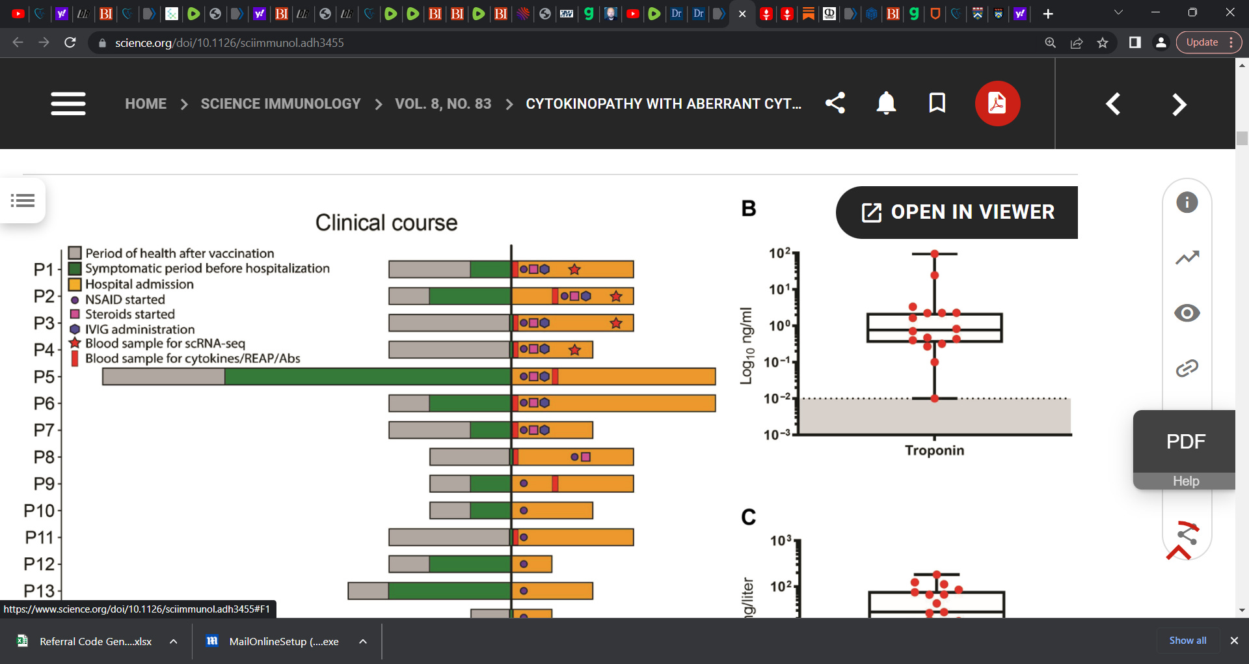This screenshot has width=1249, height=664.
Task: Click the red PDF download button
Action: pyautogui.click(x=997, y=104)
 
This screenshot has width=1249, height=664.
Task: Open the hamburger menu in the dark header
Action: pyautogui.click(x=68, y=104)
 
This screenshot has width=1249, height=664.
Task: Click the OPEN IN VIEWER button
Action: pyautogui.click(x=957, y=212)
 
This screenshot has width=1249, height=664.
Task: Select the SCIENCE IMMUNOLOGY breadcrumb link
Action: pyautogui.click(x=280, y=104)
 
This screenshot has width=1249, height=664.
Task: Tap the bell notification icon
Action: pyautogui.click(x=886, y=104)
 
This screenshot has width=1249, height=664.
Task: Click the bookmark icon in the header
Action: pyautogui.click(x=937, y=103)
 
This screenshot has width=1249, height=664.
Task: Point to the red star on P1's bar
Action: pyautogui.click(x=574, y=270)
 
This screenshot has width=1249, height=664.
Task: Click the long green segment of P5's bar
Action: pyautogui.click(x=368, y=377)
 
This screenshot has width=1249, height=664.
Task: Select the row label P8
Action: pyautogui.click(x=44, y=457)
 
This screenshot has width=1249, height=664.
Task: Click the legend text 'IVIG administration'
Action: pyautogui.click(x=140, y=329)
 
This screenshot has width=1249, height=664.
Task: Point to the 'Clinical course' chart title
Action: pyautogui.click(x=386, y=223)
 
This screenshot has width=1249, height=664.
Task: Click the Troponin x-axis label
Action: pyautogui.click(x=934, y=450)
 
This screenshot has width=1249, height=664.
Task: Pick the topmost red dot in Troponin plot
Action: pyautogui.click(x=934, y=254)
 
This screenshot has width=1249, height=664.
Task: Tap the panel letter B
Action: pyautogui.click(x=749, y=208)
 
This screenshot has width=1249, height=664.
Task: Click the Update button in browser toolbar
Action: pyautogui.click(x=1202, y=42)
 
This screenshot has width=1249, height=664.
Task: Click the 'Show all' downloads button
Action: pyautogui.click(x=1187, y=641)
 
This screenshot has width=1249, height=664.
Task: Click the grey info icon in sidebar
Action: pyautogui.click(x=1187, y=202)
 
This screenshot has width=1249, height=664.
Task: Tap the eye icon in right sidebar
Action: pyautogui.click(x=1187, y=313)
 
